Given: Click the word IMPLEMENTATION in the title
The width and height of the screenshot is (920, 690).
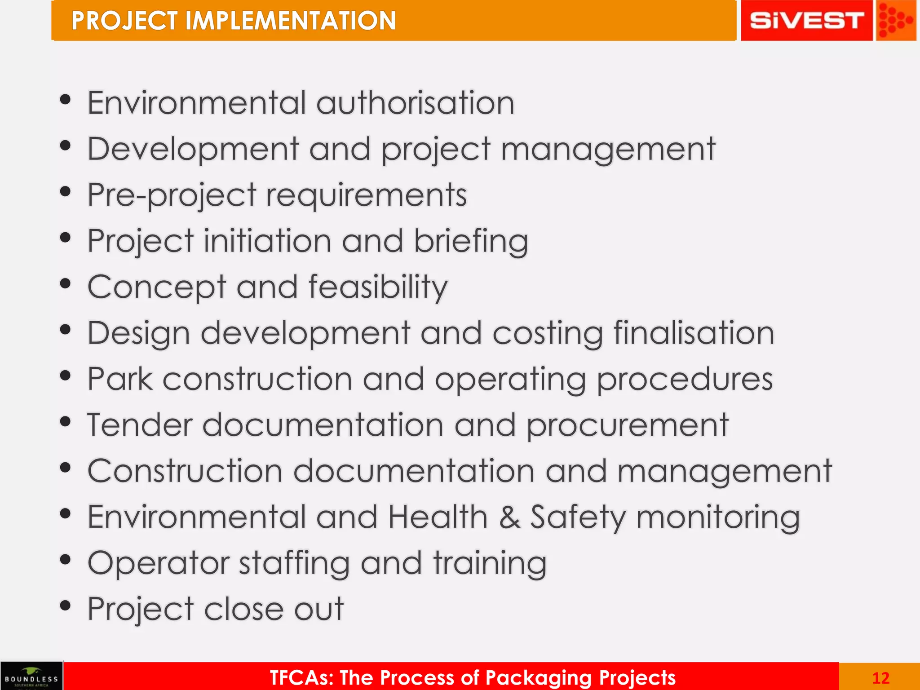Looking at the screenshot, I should point(290,21).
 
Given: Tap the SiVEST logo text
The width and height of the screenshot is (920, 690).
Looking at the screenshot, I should point(806,21).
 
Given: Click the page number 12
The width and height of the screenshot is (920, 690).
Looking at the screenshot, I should point(880,678).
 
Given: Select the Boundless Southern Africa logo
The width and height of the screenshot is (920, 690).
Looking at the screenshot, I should point(31,676).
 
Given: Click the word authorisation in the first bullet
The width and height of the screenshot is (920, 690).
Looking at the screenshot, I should point(416,103).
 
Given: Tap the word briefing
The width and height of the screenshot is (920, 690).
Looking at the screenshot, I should point(471,242).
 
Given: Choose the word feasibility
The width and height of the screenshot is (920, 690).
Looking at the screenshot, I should point(378,287).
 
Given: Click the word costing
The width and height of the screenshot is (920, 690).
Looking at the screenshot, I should point(548,334).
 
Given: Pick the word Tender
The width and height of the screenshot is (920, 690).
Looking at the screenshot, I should point(139,425).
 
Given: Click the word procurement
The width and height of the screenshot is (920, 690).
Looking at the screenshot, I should point(627,425).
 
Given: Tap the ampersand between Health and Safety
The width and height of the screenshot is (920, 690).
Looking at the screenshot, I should point(510,517).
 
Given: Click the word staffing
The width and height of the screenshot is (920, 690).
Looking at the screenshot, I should point(294,564).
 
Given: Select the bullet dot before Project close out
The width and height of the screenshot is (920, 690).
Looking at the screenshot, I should point(66,606).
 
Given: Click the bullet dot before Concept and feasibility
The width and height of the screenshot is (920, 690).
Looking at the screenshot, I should point(66,283).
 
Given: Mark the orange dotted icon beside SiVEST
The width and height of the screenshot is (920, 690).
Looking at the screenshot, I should point(895,21).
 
